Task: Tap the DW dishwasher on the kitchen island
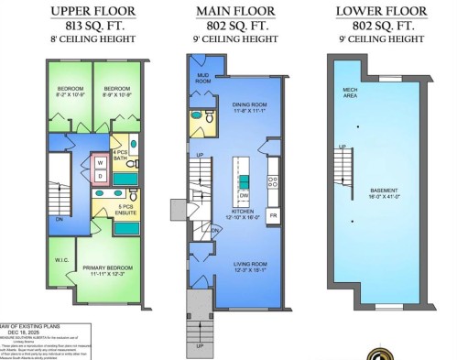click(x=244, y=195)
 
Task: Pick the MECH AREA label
click(x=350, y=91)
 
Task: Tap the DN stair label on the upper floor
click(x=60, y=219)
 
